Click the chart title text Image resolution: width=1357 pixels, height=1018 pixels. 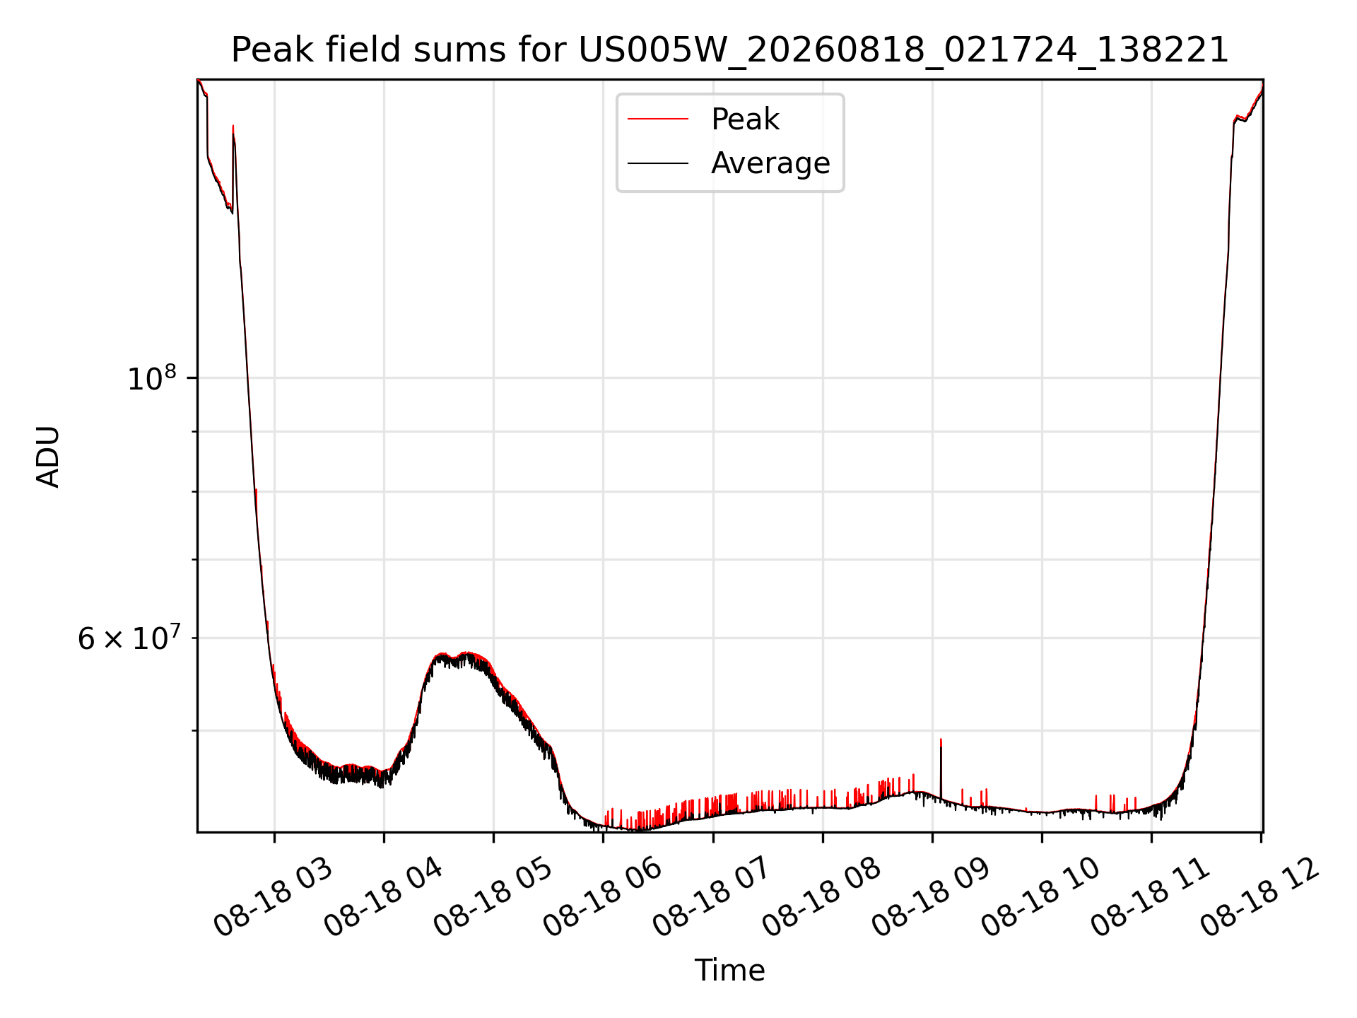click(730, 50)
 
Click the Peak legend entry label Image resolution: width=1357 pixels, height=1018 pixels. click(745, 119)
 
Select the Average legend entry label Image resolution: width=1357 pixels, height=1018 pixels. click(770, 163)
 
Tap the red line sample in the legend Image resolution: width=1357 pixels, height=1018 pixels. click(658, 119)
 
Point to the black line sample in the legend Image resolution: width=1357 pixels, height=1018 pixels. click(658, 163)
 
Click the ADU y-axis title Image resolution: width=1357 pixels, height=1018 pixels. click(48, 456)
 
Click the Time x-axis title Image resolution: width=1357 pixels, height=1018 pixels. click(729, 971)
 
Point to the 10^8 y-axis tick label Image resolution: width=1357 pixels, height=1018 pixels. click(151, 378)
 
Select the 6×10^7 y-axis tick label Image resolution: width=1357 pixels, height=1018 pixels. click(128, 638)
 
